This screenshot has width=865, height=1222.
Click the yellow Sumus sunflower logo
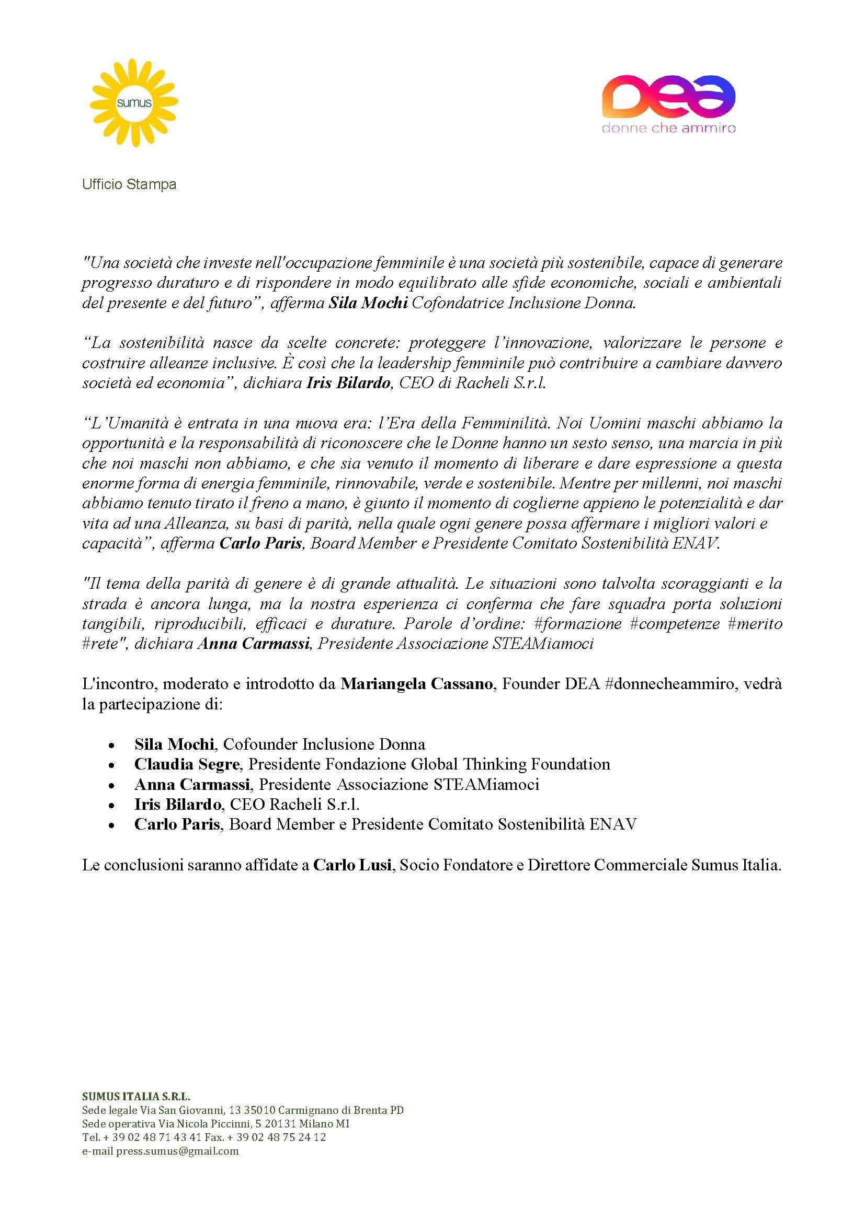tap(134, 103)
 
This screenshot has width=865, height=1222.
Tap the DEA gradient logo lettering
tap(668, 96)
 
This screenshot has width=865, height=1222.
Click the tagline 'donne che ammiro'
tap(668, 129)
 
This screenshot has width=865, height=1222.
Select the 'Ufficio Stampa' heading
tap(129, 184)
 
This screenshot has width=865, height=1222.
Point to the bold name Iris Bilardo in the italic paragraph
tap(348, 383)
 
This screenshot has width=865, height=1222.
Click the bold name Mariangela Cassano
tap(416, 684)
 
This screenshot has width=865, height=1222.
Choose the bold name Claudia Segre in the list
tap(186, 764)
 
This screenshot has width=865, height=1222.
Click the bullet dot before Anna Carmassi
tap(111, 785)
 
